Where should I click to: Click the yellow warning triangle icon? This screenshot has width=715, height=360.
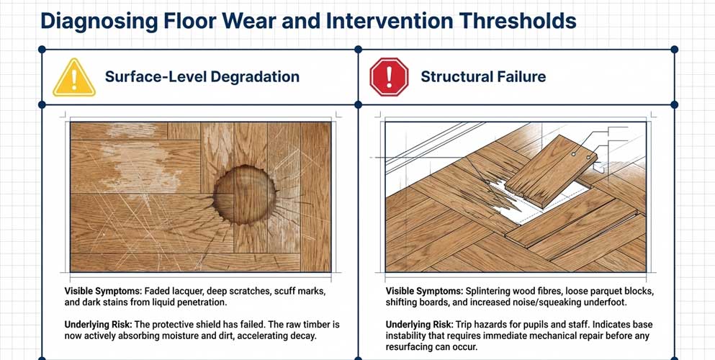pos(74,78)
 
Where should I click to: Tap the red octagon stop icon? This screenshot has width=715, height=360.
pos(389,76)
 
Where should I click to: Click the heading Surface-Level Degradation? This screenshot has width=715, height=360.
pos(202,76)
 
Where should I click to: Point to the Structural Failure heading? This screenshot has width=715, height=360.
pos(483,76)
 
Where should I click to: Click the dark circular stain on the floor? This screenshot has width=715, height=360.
pos(245,195)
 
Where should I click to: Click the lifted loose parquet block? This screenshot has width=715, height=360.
pos(552,171)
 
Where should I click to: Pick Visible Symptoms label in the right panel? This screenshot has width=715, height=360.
pos(423,291)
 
